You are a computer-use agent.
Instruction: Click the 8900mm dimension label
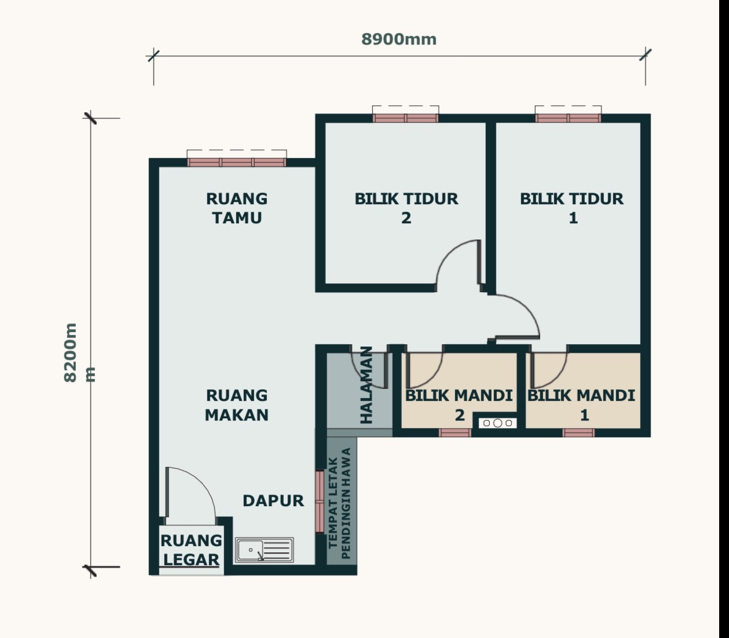pyautogui.click(x=399, y=39)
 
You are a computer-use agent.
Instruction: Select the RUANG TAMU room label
pyautogui.click(x=237, y=208)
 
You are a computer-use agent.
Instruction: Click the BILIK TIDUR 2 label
pyautogui.click(x=406, y=208)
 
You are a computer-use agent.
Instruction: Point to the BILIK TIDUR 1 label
pyautogui.click(x=572, y=208)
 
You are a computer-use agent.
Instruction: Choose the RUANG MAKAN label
pyautogui.click(x=237, y=405)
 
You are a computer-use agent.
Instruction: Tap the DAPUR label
pyautogui.click(x=273, y=501)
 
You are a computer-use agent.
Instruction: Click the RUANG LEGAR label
pyautogui.click(x=191, y=550)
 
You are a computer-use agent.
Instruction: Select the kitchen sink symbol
pyautogui.click(x=265, y=550)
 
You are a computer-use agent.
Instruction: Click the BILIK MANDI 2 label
pyautogui.click(x=459, y=405)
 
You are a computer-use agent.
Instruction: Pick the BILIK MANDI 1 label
pyautogui.click(x=581, y=405)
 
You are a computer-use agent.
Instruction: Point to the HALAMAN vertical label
pyautogui.click(x=367, y=385)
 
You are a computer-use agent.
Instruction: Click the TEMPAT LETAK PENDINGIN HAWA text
pyautogui.click(x=339, y=503)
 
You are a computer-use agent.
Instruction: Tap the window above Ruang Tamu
pyautogui.click(x=237, y=162)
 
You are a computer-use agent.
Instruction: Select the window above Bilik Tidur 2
pyautogui.click(x=405, y=118)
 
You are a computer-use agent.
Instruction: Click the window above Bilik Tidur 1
pyautogui.click(x=568, y=118)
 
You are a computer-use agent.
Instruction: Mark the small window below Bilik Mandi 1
pyautogui.click(x=578, y=433)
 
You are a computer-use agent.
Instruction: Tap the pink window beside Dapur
pyautogui.click(x=320, y=501)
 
